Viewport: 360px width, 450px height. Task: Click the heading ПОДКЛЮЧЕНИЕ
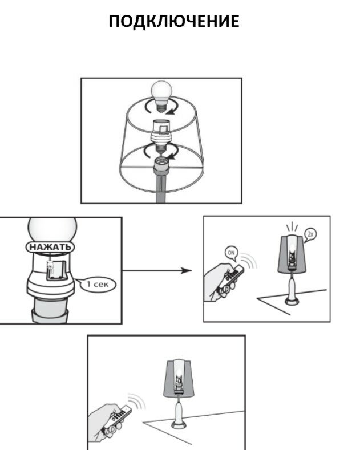[x=174, y=21]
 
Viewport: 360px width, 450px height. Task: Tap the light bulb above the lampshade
[x=161, y=96]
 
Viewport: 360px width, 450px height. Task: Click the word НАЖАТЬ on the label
[x=50, y=247]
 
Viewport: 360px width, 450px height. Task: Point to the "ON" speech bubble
[x=232, y=253]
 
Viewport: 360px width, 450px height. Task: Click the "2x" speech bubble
[x=310, y=235]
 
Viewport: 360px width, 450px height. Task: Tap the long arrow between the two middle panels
[x=157, y=270]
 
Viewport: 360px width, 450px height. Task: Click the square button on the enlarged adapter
[x=56, y=270]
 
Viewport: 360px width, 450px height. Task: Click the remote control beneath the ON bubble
[x=230, y=279]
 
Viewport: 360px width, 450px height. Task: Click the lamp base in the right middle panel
[x=292, y=300]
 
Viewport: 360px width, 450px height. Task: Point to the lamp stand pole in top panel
[x=161, y=189]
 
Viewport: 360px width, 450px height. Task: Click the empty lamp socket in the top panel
[x=161, y=165]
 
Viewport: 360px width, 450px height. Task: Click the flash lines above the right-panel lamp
[x=292, y=226]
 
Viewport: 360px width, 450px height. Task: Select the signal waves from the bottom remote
[x=137, y=400]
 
